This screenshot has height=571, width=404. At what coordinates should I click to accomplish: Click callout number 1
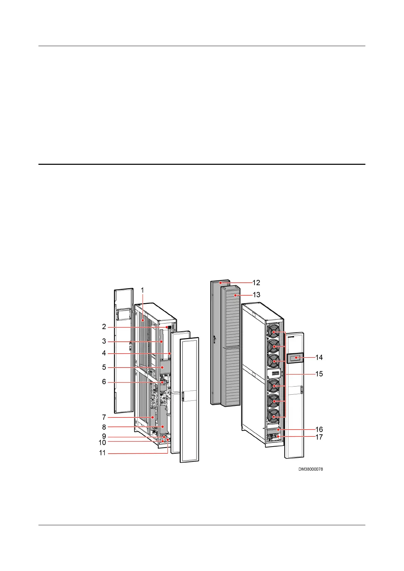(x=142, y=290)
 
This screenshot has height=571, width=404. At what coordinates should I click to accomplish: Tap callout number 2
(x=104, y=327)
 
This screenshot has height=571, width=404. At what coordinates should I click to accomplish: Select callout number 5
(x=104, y=367)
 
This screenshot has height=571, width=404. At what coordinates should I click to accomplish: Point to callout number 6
(x=104, y=382)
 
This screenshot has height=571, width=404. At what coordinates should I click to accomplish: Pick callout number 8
(x=104, y=427)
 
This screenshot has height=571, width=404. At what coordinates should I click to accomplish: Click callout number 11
(x=102, y=453)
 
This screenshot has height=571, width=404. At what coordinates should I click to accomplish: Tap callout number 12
(x=256, y=283)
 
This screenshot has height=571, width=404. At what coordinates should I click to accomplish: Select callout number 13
(x=256, y=295)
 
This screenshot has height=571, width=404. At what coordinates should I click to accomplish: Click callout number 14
(x=319, y=357)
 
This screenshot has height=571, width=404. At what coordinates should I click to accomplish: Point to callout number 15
(x=319, y=374)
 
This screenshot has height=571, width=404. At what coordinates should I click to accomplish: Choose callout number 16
(x=319, y=430)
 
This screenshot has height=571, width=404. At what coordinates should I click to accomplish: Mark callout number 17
(x=319, y=437)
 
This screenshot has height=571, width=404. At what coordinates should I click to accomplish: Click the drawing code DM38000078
(x=310, y=469)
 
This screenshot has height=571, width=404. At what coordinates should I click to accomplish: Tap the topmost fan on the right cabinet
(x=273, y=331)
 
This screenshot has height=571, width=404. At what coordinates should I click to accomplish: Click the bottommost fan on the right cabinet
(x=273, y=415)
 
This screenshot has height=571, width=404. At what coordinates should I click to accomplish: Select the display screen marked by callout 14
(x=295, y=358)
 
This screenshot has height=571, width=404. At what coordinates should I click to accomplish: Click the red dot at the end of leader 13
(x=235, y=295)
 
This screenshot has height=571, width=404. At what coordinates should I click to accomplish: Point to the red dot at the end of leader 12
(x=220, y=282)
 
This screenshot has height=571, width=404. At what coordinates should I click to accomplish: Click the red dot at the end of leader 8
(x=163, y=427)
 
